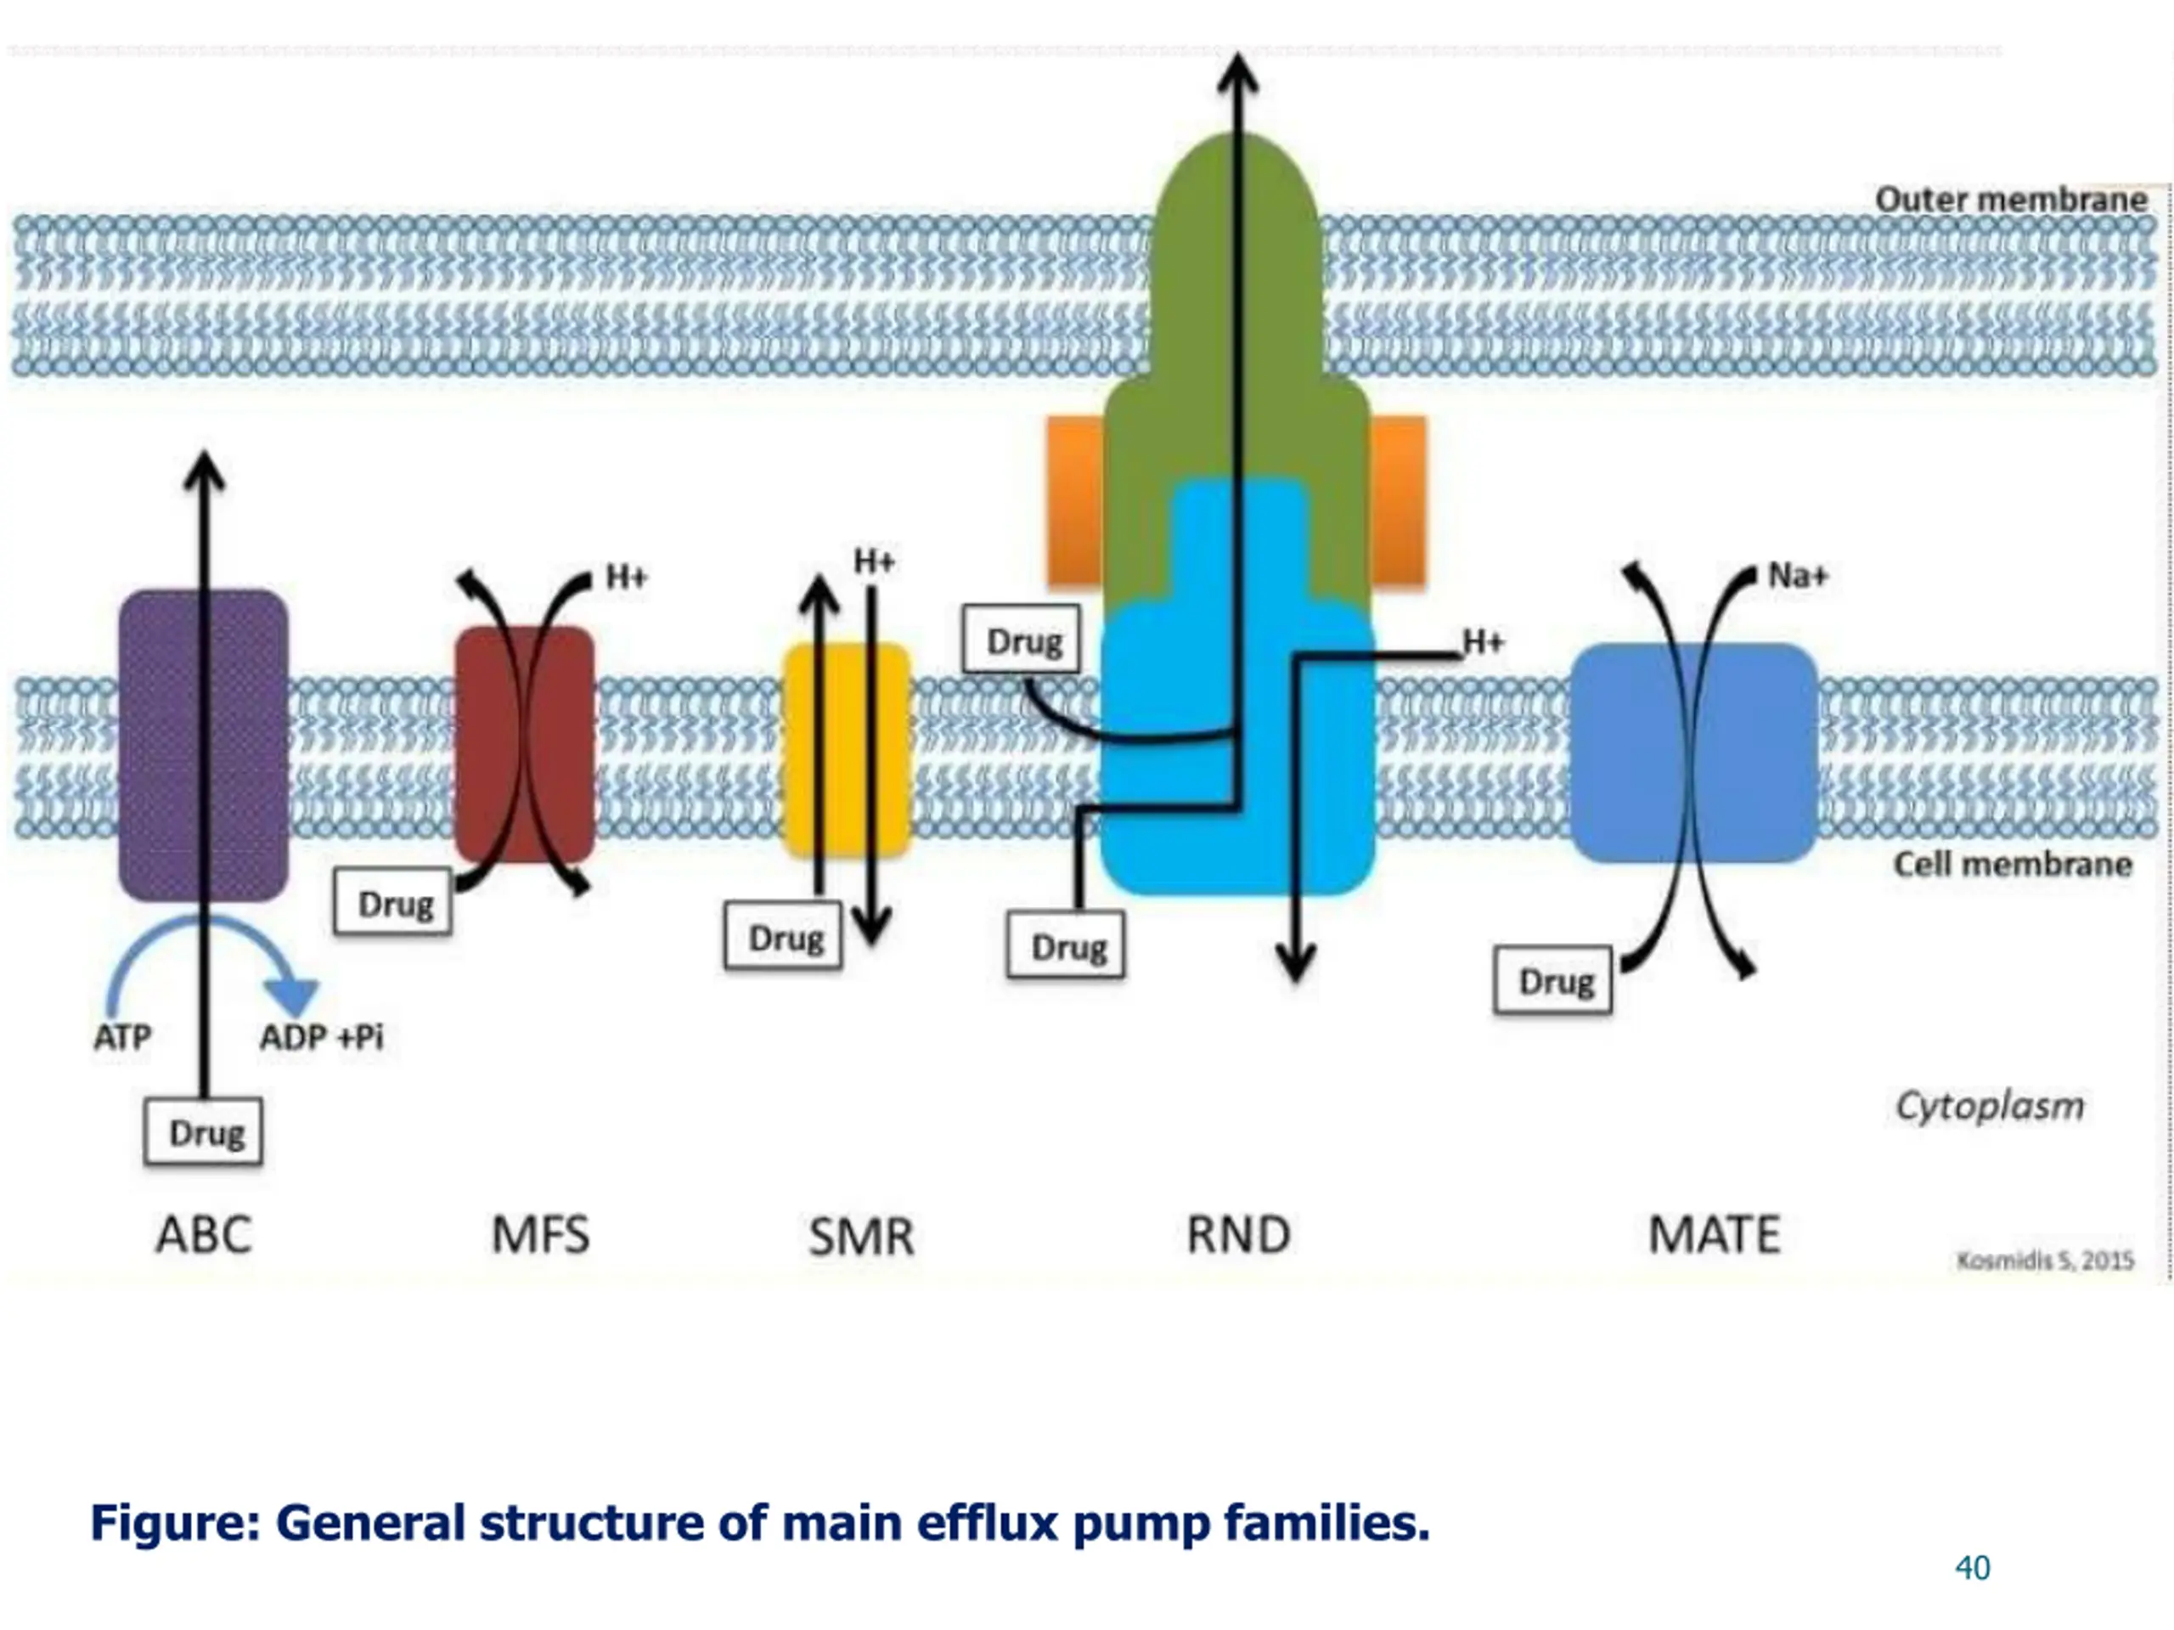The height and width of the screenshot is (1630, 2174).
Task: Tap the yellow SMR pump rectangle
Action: click(846, 750)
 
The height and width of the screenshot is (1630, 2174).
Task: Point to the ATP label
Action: click(123, 1037)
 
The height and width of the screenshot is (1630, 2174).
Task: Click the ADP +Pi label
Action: click(321, 1037)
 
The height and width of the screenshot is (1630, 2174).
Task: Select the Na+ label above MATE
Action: click(1798, 575)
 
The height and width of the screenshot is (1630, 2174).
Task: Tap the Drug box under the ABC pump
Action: click(204, 1131)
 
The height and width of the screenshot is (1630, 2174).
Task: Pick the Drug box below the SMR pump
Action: click(783, 936)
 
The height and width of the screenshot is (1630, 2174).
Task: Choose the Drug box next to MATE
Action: click(1553, 980)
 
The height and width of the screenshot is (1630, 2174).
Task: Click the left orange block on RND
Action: click(1075, 501)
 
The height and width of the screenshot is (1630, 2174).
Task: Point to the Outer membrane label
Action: click(2011, 200)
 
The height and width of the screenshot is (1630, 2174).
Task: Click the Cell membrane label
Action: click(2013, 864)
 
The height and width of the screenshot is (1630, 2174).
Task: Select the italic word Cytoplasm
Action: click(1989, 1107)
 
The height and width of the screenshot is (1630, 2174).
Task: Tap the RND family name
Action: click(1238, 1235)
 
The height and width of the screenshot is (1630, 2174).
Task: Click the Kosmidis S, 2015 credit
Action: click(2045, 1261)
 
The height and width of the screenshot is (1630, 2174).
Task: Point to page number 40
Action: click(1973, 1567)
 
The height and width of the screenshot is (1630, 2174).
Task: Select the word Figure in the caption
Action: click(176, 1523)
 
